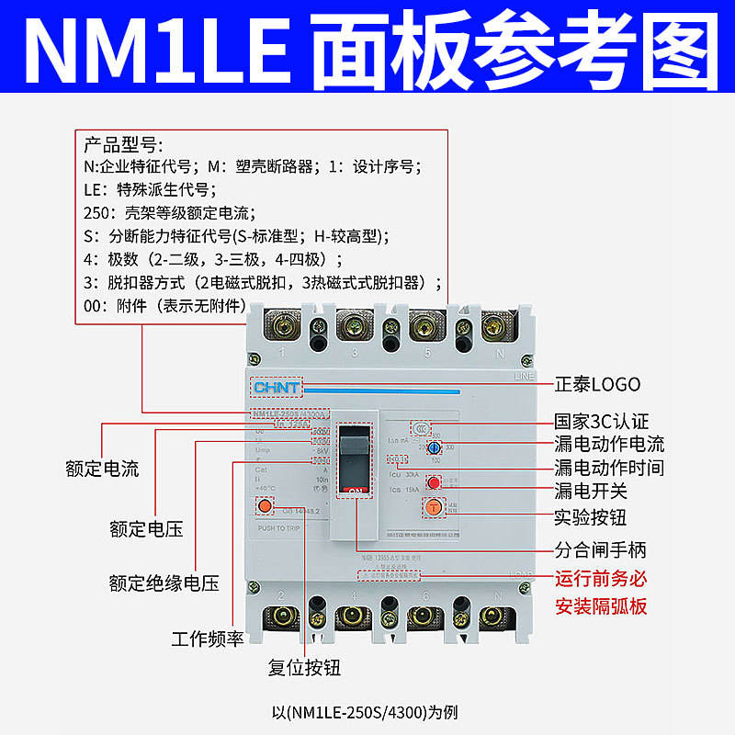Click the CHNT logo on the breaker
[276, 388]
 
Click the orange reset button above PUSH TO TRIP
[266, 505]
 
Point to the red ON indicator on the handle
[356, 491]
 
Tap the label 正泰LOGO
[597, 384]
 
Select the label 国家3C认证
[601, 421]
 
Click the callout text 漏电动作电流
[608, 444]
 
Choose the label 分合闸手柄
[600, 550]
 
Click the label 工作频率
[207, 639]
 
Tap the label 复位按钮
[304, 667]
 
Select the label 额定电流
[102, 469]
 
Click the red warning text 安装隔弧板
[602, 606]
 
